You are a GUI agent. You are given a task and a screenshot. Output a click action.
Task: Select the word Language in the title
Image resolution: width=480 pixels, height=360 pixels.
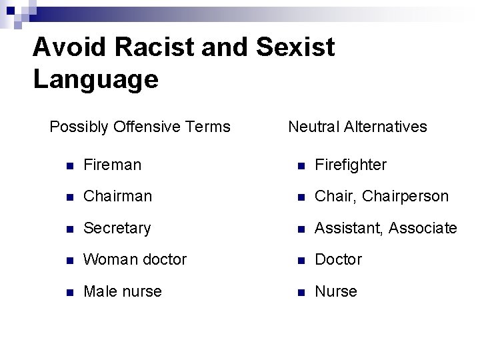(95, 79)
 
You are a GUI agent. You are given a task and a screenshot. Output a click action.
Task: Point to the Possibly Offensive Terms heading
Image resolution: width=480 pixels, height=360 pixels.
(140, 127)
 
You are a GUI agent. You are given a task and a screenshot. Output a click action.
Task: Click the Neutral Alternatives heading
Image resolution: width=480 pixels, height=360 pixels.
(357, 127)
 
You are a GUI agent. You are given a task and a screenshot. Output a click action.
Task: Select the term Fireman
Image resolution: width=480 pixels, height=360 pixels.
(112, 165)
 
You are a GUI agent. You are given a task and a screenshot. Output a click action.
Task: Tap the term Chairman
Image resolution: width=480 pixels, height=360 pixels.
(117, 197)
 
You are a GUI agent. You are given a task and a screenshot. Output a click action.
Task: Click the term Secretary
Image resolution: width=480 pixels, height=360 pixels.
(117, 229)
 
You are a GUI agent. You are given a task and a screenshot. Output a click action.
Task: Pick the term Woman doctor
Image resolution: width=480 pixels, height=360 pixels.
(135, 259)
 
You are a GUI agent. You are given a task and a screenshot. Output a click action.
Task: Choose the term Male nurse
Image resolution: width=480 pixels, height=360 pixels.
(122, 291)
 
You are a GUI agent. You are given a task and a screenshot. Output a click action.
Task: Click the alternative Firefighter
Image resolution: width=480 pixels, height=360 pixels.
(350, 165)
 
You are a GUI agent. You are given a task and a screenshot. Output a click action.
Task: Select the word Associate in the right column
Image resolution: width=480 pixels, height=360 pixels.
(423, 229)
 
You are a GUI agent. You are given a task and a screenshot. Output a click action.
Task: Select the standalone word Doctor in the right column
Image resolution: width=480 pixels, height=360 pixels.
(338, 259)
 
